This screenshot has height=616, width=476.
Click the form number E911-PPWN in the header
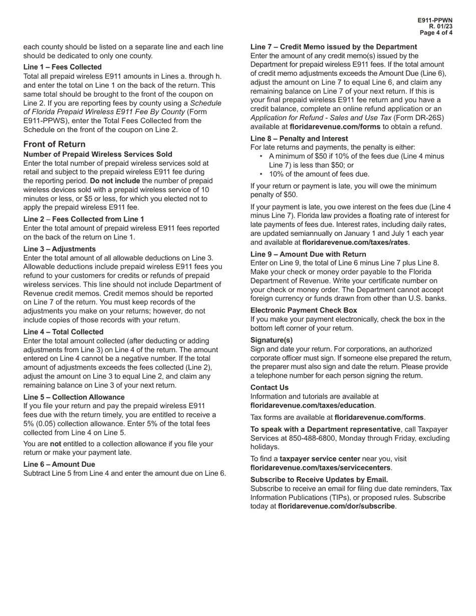coord(435,21)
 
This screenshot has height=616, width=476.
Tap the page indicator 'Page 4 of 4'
coord(436,33)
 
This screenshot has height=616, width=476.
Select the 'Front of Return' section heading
coord(55,144)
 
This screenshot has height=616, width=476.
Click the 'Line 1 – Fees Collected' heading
coord(63,67)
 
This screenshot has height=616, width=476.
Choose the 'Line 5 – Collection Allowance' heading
coord(74,397)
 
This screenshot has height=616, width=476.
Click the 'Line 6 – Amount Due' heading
coord(59,464)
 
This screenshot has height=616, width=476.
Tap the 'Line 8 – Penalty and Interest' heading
coord(299,138)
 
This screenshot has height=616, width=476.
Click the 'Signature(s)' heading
coord(272,340)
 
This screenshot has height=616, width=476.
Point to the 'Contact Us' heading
coord(270,388)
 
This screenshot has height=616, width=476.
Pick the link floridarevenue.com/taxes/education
coord(312,405)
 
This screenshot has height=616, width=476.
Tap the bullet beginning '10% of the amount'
coord(319,174)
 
